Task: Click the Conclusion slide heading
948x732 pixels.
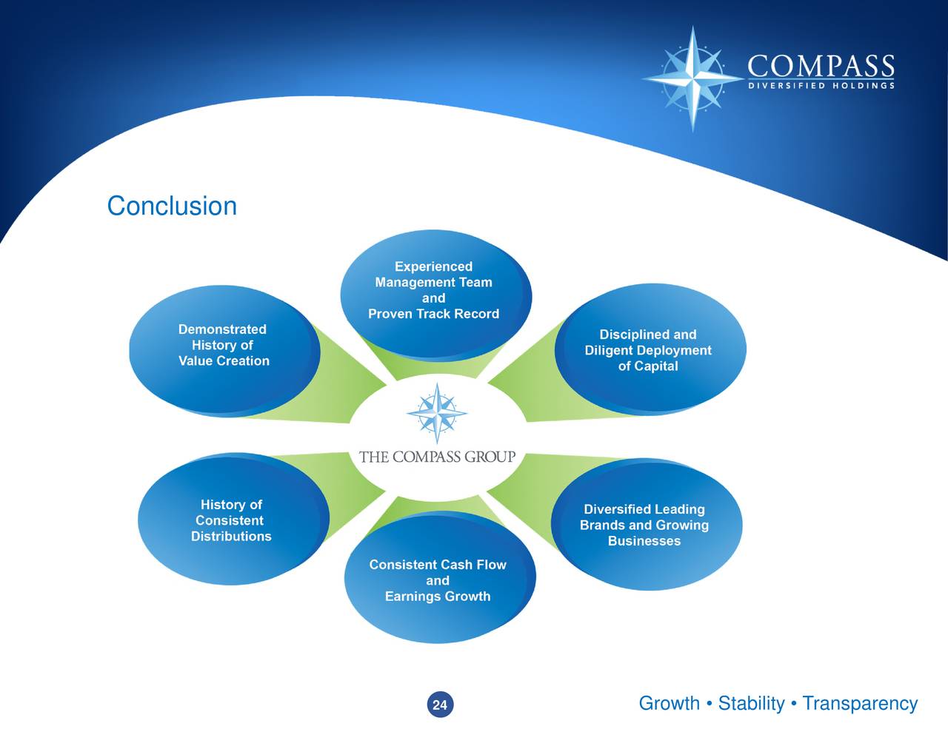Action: (x=172, y=206)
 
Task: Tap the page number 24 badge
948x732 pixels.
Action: (x=440, y=705)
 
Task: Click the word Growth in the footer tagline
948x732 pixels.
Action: (x=669, y=703)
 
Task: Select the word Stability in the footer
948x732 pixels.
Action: (x=751, y=703)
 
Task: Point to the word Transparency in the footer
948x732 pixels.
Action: (x=860, y=703)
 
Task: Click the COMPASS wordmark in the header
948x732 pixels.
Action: (x=821, y=67)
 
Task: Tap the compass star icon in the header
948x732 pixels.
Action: (x=692, y=78)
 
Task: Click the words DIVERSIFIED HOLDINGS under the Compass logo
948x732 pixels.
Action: (x=821, y=86)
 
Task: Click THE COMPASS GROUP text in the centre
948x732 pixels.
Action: (x=437, y=457)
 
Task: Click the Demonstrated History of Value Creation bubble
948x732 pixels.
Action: (x=224, y=349)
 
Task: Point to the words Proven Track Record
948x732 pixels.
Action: (x=433, y=314)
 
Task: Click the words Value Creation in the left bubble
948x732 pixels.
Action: (x=224, y=361)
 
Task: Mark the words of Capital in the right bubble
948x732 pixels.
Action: (x=648, y=366)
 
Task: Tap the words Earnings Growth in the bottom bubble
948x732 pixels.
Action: (x=438, y=597)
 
